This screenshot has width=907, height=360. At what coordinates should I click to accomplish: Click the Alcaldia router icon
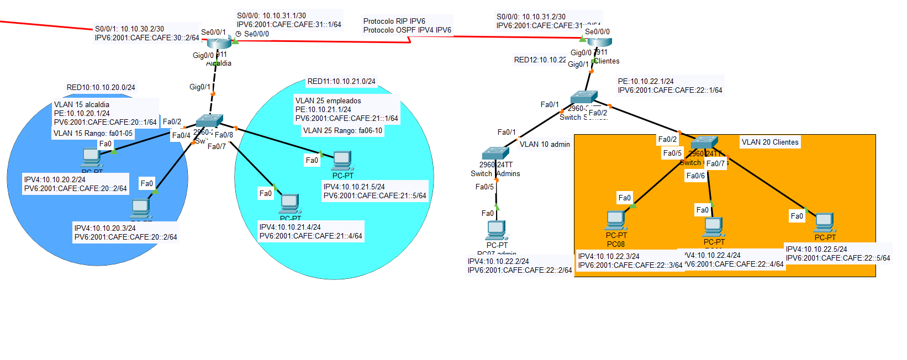[x=220, y=43]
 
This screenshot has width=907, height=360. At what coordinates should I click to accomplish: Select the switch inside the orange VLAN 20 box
[x=704, y=143]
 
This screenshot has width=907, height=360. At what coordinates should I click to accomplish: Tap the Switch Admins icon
[x=495, y=153]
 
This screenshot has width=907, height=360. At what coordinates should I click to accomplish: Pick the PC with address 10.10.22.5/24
[x=824, y=222]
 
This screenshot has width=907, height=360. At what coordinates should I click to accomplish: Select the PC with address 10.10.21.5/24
[x=342, y=160]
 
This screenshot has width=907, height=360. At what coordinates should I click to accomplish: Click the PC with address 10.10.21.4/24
[x=289, y=203]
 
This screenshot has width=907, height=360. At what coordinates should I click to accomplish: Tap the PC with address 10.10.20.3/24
[x=141, y=208]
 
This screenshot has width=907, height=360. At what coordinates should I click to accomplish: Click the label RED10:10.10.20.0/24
[x=101, y=87]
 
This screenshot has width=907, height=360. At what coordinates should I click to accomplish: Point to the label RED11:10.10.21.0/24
[x=341, y=81]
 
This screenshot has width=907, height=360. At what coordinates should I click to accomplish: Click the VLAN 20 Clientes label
[x=770, y=142]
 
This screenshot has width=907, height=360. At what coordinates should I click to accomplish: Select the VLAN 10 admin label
[x=545, y=144]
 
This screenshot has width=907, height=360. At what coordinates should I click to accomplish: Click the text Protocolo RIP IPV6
[x=394, y=21]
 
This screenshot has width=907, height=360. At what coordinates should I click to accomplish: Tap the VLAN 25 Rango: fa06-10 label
[x=342, y=130]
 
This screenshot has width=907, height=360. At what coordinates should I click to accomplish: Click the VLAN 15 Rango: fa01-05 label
[x=93, y=133]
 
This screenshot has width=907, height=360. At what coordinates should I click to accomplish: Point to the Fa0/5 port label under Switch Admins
[x=484, y=187]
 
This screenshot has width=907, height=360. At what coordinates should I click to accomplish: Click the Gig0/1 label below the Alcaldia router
[x=199, y=87]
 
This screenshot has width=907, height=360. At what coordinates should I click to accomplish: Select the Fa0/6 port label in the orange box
[x=695, y=176]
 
